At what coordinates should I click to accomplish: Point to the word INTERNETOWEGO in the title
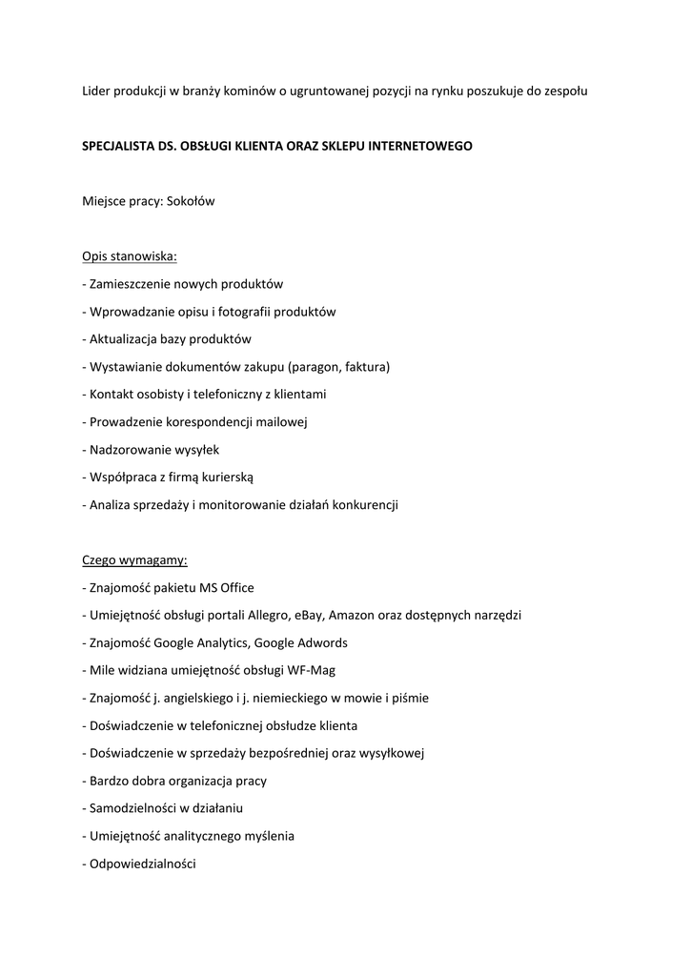point(418,146)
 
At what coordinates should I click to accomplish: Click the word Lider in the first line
point(96,91)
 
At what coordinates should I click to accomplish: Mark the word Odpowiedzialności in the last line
point(142,864)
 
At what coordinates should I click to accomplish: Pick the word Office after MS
point(234,587)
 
